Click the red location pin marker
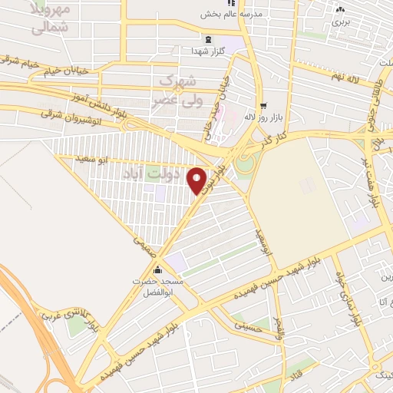(197, 180)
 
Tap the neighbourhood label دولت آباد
(173, 174)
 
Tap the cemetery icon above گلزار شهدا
(207, 39)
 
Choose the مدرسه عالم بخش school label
(232, 14)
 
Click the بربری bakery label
(340, 23)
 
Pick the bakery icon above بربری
(341, 11)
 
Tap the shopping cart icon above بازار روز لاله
(264, 105)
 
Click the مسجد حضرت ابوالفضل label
(158, 286)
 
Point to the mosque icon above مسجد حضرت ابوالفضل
(159, 269)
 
